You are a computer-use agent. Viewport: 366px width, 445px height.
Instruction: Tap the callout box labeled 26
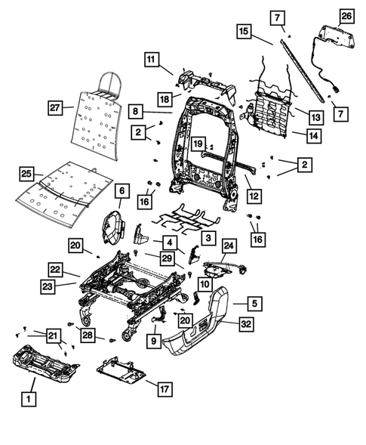[x=346, y=16]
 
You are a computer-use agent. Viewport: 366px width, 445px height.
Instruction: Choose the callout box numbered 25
[x=27, y=175]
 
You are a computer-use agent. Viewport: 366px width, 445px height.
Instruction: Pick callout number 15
[x=243, y=32]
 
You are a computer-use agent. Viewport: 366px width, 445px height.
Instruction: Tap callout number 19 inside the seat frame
[x=198, y=144]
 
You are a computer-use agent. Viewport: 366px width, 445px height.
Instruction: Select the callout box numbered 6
[x=121, y=193]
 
